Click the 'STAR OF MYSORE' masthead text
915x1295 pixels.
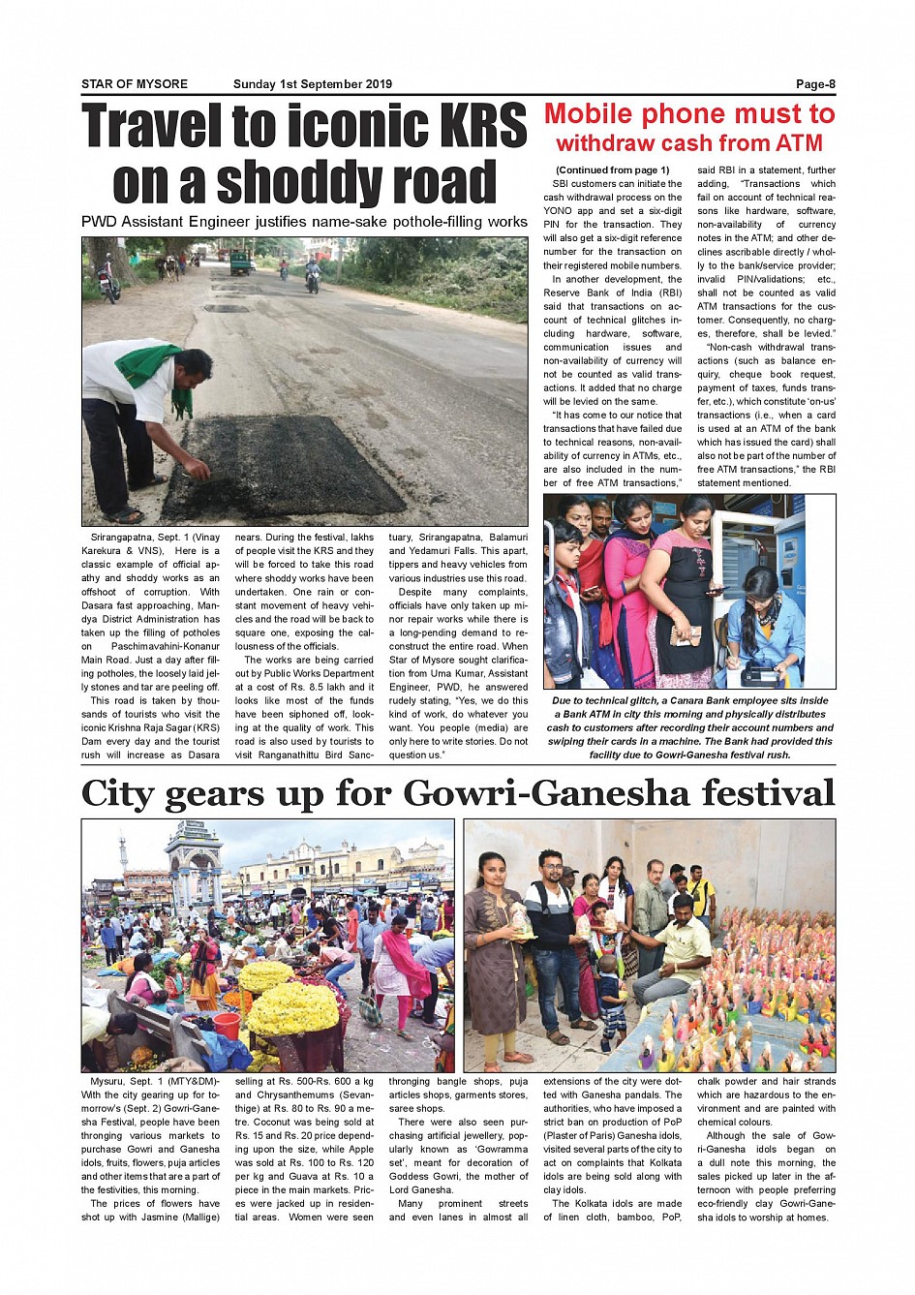(x=135, y=84)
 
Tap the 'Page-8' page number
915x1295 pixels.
(x=815, y=84)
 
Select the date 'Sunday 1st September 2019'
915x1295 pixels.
(x=313, y=84)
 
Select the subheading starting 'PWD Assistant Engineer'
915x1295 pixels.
(x=304, y=222)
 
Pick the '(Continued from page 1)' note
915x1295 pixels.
(x=612, y=170)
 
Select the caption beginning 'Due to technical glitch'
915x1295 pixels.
(x=689, y=727)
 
